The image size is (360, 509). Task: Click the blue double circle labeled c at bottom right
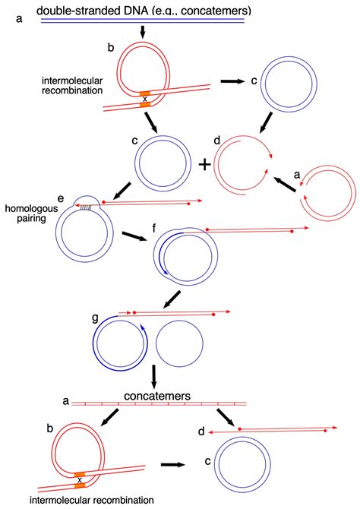(x=242, y=465)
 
